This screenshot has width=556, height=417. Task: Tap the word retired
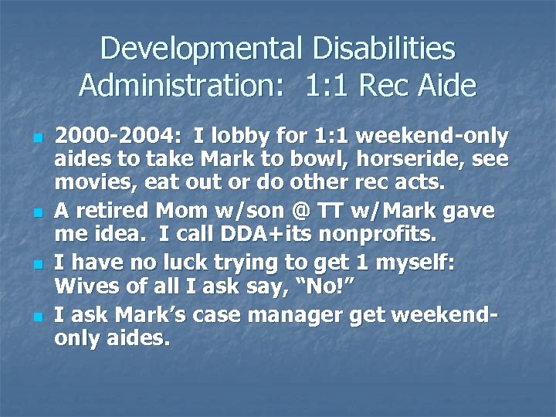pos(115,210)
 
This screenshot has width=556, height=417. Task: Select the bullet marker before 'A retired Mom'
pos(37,212)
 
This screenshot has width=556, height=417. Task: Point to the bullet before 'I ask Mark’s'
pos(37,316)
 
